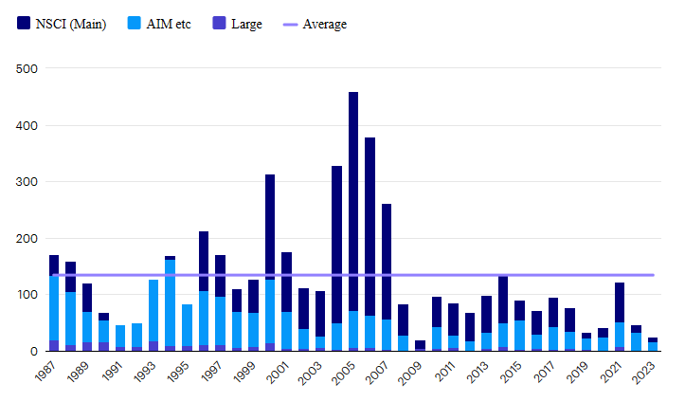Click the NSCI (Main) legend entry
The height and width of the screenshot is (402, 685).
(x=62, y=24)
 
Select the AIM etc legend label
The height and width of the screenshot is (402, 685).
(x=169, y=24)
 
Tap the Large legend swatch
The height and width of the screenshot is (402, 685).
(x=219, y=23)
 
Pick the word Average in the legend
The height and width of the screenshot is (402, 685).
(x=325, y=24)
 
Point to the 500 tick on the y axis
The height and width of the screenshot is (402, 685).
(x=27, y=68)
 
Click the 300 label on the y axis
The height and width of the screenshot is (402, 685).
(x=27, y=182)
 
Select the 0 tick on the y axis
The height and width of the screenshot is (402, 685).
(x=34, y=352)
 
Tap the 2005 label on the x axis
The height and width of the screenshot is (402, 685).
(x=343, y=373)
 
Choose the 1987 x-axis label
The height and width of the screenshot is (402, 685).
(x=45, y=372)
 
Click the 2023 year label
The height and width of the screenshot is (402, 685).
(x=644, y=373)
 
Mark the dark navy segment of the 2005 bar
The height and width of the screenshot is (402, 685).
(x=353, y=201)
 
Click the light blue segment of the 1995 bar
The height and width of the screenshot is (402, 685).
(x=187, y=325)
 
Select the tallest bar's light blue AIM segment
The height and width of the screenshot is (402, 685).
(x=353, y=329)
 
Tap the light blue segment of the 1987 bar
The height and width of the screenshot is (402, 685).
(x=54, y=308)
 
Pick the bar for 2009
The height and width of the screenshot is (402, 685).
(x=420, y=346)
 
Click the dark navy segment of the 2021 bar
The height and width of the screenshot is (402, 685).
(x=620, y=302)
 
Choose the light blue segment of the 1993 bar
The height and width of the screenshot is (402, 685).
(x=153, y=311)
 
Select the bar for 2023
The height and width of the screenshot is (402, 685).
(x=653, y=344)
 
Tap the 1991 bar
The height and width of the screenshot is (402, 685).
(x=120, y=338)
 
